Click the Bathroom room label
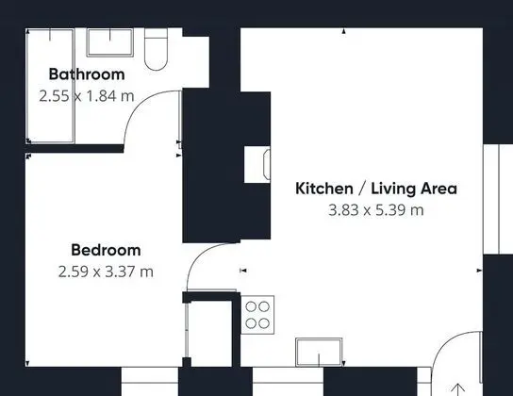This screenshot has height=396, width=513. pyautogui.click(x=87, y=74)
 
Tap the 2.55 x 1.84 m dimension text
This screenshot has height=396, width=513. pyautogui.click(x=87, y=96)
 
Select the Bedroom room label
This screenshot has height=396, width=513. pyautogui.click(x=106, y=250)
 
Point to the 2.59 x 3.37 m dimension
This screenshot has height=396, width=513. pyautogui.click(x=106, y=272)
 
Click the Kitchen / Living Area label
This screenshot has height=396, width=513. pyautogui.click(x=376, y=189)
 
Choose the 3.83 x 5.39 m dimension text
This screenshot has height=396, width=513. pyautogui.click(x=376, y=210)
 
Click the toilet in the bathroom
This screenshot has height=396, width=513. pyautogui.click(x=156, y=49)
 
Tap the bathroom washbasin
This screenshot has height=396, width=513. pyautogui.click(x=110, y=42)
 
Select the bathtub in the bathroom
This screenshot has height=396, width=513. pyautogui.click(x=50, y=86)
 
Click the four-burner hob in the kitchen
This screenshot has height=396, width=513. pyautogui.click(x=257, y=315)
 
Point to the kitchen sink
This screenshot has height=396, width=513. pyautogui.click(x=319, y=353)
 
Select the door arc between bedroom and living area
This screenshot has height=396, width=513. pyautogui.click(x=200, y=256)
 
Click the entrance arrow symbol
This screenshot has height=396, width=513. pyautogui.click(x=458, y=389)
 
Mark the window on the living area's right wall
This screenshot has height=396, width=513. pyautogui.click(x=498, y=199)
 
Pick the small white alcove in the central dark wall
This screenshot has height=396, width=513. pyautogui.click(x=257, y=164)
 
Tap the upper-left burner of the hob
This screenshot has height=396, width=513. pyautogui.click(x=251, y=306)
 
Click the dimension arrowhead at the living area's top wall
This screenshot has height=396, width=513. pyautogui.click(x=344, y=31)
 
